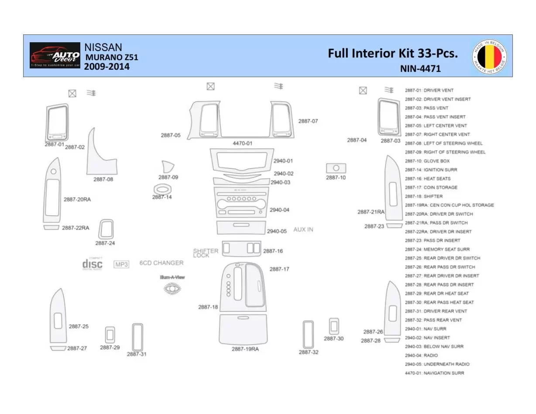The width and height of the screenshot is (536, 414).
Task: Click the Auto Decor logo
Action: (55, 55)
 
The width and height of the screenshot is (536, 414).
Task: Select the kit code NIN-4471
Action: (420, 68)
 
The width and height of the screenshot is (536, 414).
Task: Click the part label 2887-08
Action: (103, 179)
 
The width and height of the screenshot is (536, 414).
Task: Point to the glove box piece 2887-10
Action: (336, 168)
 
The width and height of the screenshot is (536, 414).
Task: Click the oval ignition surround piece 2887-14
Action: (162, 189)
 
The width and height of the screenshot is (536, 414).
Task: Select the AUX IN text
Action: (303, 229)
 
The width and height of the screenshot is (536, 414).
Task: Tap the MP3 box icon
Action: (121, 264)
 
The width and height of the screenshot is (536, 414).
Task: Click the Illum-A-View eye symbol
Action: (172, 288)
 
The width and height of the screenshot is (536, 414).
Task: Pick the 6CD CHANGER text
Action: (161, 263)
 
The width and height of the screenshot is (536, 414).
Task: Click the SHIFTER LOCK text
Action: (206, 253)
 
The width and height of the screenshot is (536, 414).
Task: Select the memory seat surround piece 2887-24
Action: (106, 229)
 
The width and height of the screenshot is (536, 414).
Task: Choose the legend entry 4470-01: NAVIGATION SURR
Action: (434, 373)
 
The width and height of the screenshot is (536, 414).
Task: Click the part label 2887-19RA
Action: (245, 349)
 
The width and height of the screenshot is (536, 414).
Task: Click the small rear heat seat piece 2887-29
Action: (110, 335)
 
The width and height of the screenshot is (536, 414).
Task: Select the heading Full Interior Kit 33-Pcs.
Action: (392, 54)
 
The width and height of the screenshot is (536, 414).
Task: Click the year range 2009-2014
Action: (107, 67)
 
